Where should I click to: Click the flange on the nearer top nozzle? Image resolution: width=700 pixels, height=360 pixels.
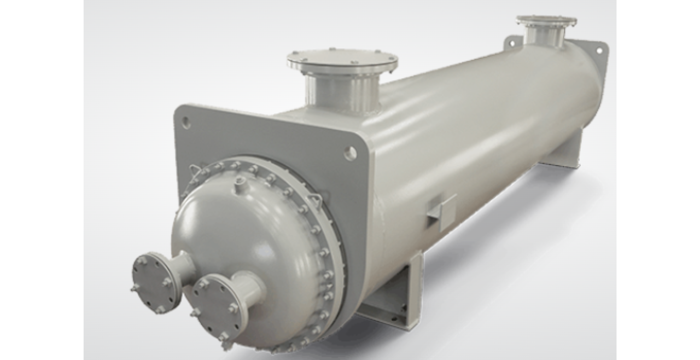pyautogui.click(x=342, y=60)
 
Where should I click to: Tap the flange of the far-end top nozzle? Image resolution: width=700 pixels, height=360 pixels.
pyautogui.click(x=546, y=21)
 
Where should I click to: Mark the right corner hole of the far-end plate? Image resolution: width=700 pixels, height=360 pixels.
pyautogui.click(x=599, y=50)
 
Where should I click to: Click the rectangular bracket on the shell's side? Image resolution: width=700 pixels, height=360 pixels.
pyautogui.click(x=441, y=211)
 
